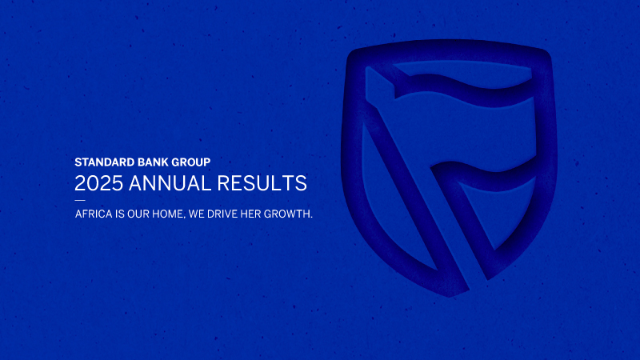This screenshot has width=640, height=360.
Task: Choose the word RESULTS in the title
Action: tap(263, 183)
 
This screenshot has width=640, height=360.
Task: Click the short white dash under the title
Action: tap(79, 199)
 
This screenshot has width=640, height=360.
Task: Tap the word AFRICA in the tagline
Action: tap(91, 214)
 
